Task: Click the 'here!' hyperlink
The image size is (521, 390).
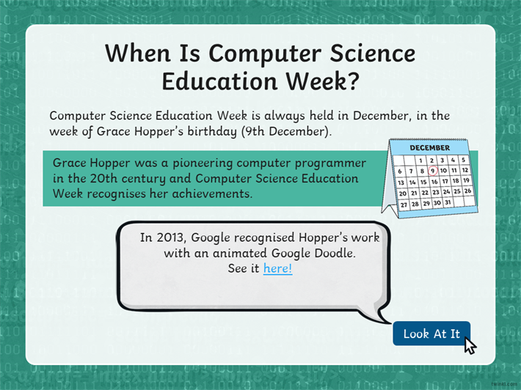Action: (x=278, y=268)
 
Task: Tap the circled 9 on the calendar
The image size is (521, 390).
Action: (x=432, y=171)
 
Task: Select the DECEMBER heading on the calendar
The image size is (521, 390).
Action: (x=429, y=147)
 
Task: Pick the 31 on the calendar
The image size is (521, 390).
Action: (x=448, y=202)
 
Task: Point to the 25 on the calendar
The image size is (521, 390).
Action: (x=457, y=191)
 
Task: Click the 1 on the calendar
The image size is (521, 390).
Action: (x=420, y=161)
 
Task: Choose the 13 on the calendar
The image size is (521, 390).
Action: (x=401, y=183)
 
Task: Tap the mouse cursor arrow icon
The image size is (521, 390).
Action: (x=470, y=345)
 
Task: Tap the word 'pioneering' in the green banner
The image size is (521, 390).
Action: (x=203, y=163)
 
